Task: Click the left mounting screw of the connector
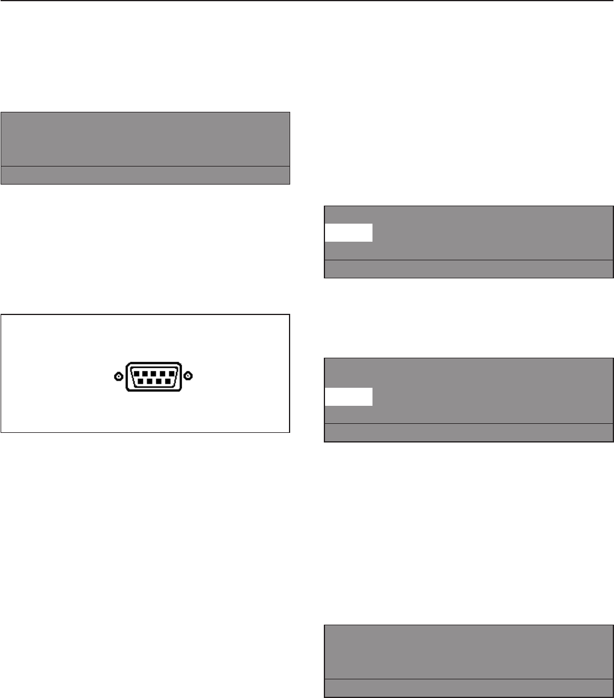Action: coord(118,376)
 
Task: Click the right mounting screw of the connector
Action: coord(188,376)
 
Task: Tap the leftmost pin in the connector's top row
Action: coord(135,373)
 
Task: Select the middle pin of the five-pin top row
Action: coord(153,373)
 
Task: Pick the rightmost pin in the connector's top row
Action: coord(172,373)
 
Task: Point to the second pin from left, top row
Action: coord(144,373)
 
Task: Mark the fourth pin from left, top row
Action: coord(163,373)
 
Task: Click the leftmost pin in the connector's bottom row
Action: coord(139,381)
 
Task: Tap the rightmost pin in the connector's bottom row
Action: coord(168,381)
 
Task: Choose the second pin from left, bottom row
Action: coord(148,381)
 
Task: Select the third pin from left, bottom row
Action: coord(158,381)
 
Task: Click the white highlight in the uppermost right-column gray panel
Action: coord(348,233)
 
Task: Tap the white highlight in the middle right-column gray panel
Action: coord(348,397)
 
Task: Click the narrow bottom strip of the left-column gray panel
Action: coord(145,174)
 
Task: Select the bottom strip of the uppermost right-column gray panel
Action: coord(469,269)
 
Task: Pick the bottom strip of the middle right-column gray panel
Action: coord(469,433)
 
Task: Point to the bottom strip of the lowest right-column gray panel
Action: coord(469,688)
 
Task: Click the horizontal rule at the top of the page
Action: coord(307,1)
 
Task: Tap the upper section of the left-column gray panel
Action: coord(145,139)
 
